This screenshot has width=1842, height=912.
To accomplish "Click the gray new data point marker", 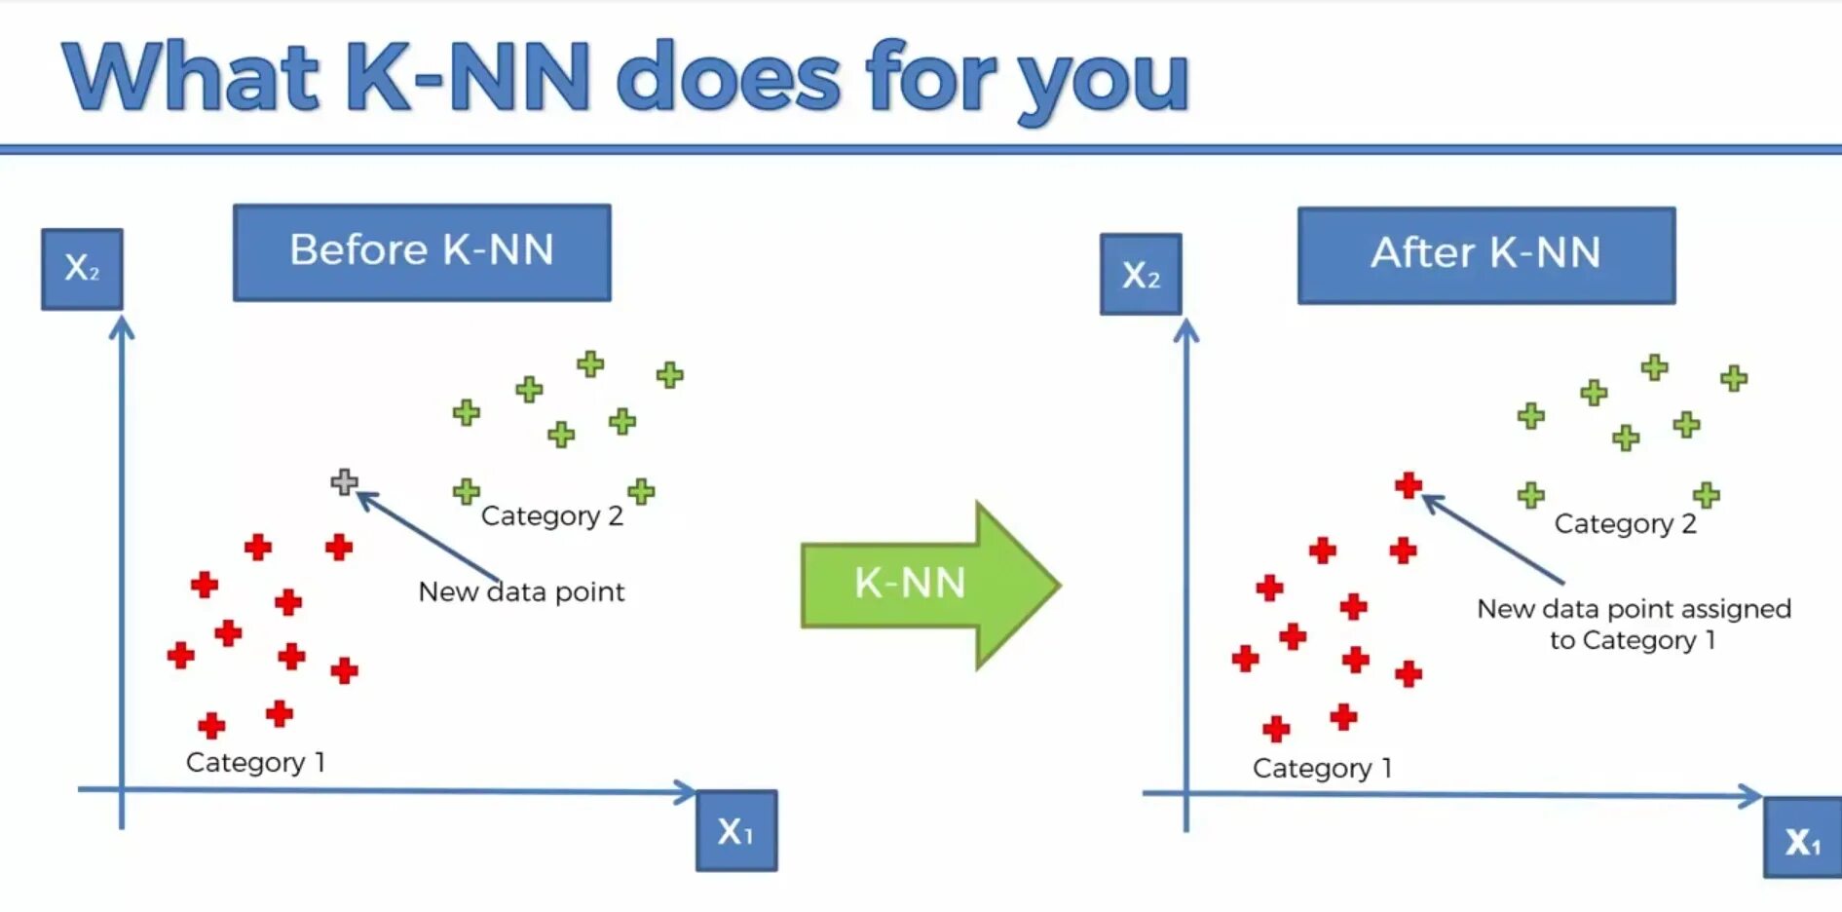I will pos(344,481).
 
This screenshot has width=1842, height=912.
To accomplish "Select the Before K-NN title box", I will pos(422,251).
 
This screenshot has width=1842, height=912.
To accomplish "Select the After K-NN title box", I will pos(1485,254).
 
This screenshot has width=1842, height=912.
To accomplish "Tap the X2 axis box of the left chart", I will pos(82,269).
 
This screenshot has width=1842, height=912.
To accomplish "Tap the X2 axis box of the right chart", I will pos(1141,274).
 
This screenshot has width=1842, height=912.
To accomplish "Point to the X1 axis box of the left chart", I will pos(736,830).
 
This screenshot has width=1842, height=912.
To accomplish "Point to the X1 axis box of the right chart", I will pos(1802,838).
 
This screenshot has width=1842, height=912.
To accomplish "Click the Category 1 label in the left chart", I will pos(255,762).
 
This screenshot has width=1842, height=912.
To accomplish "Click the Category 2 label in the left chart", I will pos(551,515).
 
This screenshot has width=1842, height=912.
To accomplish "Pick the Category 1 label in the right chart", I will pos(1322,768).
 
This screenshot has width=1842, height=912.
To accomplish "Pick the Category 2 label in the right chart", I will pos(1625,523).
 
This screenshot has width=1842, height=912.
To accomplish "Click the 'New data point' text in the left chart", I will pos(521,591).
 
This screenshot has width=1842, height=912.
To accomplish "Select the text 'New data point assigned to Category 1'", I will pos(1634,624).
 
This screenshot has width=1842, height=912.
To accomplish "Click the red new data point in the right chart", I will pos(1409,484).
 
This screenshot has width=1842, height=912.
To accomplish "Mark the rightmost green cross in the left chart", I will pos(669,374).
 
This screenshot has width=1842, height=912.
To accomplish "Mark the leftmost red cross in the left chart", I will pos(180,654).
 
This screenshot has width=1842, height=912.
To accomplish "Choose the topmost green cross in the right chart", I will pos(1654,367).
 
